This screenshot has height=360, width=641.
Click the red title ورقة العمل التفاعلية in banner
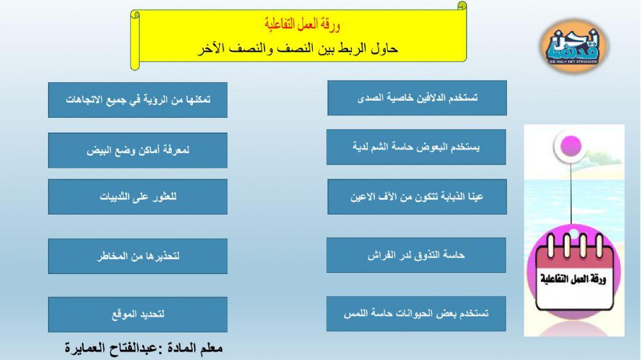pos(302,25)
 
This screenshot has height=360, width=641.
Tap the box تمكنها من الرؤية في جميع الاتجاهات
pos(138,100)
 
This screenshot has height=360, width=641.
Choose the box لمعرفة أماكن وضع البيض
pos(138,151)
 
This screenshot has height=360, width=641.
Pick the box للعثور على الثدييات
pos(138,197)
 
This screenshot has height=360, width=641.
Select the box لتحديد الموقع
pos(138,315)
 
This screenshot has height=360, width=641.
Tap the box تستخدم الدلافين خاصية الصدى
pos(417,98)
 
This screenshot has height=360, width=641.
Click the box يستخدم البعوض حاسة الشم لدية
pos(416,147)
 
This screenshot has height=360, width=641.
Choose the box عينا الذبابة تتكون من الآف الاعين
pos(417,197)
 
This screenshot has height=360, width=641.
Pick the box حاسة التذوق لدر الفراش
pos(416,255)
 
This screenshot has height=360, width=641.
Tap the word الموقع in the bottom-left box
pos(124,315)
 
